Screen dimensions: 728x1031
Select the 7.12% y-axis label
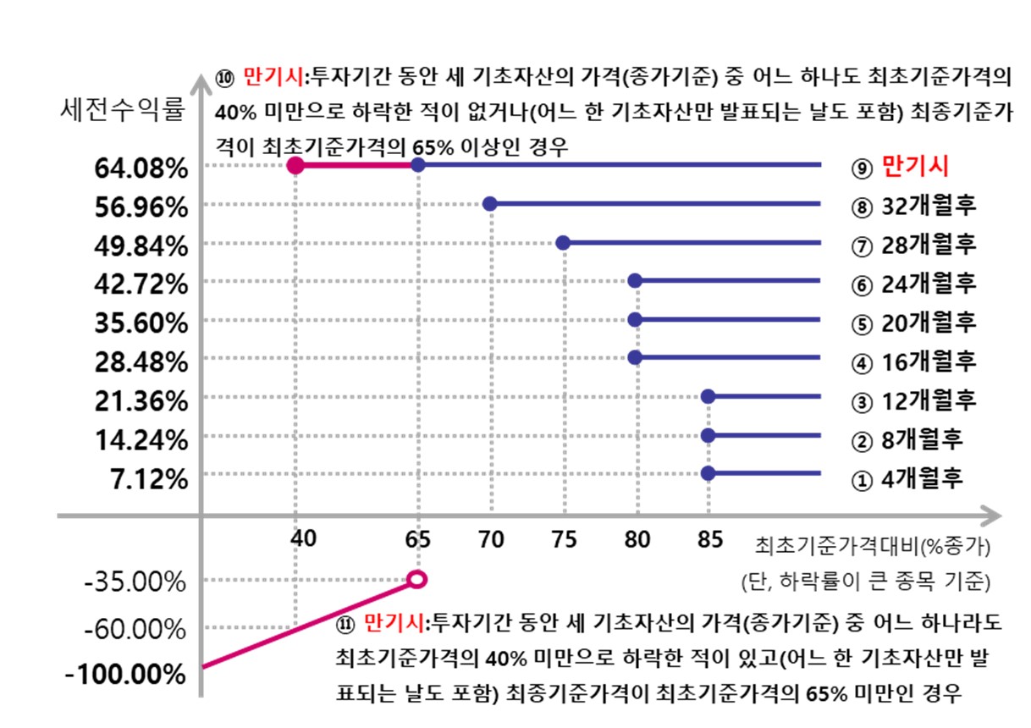click(149, 479)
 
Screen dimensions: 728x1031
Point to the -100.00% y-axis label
click(125, 675)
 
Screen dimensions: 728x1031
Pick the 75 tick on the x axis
click(563, 539)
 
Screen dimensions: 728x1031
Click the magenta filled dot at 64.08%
click(295, 165)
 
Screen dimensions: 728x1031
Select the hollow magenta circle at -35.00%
click(417, 579)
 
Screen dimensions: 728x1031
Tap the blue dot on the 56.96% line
click(489, 204)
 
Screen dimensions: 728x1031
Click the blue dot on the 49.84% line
click(563, 243)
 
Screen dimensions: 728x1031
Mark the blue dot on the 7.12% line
click(708, 472)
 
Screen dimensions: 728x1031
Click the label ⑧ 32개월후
click(914, 205)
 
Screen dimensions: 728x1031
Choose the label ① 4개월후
click(907, 479)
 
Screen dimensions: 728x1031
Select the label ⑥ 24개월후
click(914, 283)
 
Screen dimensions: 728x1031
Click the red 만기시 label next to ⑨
click(914, 166)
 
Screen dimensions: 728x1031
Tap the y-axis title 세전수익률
click(123, 109)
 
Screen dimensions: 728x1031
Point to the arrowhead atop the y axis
click(201, 83)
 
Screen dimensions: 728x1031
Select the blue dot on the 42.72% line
click(636, 281)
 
